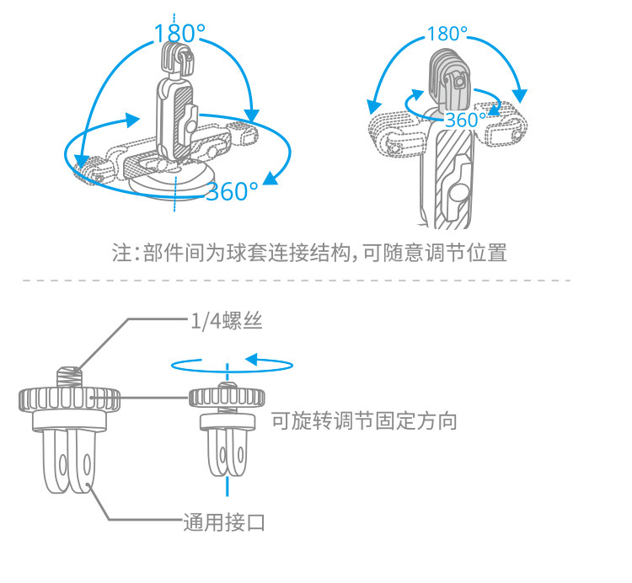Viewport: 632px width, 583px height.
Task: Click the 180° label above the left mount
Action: click(179, 34)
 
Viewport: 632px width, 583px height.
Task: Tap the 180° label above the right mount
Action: click(447, 34)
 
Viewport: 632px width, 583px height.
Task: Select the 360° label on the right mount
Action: click(462, 120)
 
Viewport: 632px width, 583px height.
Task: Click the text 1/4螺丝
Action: click(221, 319)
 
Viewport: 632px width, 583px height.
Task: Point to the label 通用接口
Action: click(224, 522)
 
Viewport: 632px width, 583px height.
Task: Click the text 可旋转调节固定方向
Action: click(364, 420)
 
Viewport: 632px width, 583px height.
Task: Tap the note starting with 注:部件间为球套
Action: click(309, 252)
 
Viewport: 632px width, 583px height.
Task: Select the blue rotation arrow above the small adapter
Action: click(231, 363)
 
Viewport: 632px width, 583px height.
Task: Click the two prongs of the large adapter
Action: click(70, 460)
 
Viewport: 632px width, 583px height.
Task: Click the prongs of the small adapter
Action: click(227, 453)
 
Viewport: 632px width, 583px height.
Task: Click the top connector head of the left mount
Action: click(177, 60)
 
